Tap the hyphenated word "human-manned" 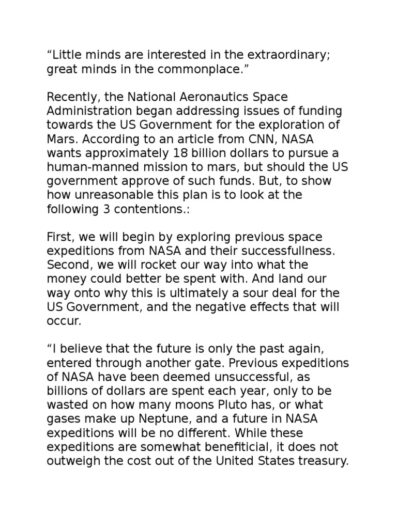click(x=93, y=167)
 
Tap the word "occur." click(x=64, y=320)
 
